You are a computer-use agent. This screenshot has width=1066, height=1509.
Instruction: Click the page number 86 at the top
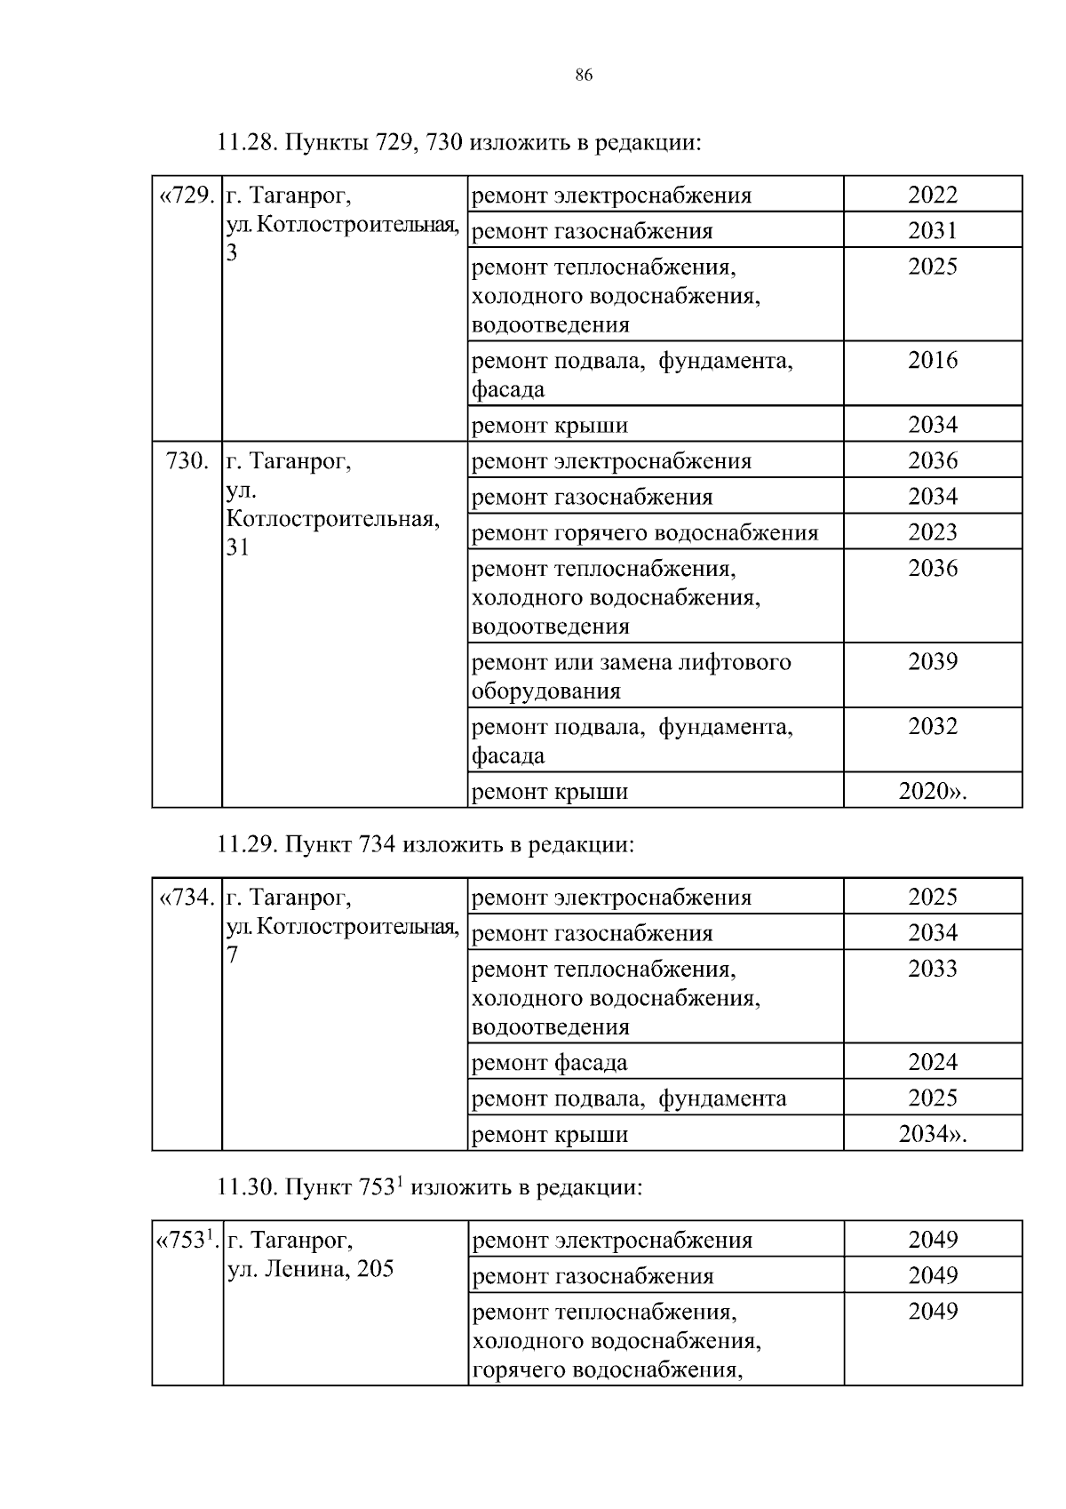click(584, 75)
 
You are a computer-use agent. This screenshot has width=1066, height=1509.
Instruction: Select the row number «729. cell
click(187, 195)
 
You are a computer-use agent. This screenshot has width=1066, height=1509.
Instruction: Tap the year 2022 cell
click(932, 195)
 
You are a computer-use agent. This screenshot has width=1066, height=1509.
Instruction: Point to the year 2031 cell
click(932, 231)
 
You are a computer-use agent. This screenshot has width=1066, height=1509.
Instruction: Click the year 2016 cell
click(932, 360)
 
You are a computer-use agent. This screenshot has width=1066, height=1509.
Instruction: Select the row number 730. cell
click(187, 460)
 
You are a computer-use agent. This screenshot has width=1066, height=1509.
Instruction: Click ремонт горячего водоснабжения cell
click(645, 533)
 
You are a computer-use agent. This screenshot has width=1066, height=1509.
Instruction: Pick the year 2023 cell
click(932, 532)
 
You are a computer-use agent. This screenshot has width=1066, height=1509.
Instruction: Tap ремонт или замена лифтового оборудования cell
click(631, 676)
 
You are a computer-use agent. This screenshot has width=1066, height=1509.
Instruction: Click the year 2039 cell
click(932, 661)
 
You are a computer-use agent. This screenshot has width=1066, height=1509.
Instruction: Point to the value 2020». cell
click(932, 791)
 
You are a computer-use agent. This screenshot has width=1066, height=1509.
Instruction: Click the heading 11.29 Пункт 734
click(426, 844)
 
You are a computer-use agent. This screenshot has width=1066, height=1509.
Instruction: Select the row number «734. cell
click(187, 897)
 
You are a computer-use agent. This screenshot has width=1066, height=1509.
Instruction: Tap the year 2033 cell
click(932, 969)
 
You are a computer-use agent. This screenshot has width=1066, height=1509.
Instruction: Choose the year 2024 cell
click(932, 1062)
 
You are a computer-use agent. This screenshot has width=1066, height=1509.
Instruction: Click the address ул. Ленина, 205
click(311, 1269)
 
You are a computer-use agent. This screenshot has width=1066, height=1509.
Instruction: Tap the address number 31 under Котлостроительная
click(238, 547)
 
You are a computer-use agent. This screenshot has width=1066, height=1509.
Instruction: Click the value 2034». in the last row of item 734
click(932, 1134)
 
